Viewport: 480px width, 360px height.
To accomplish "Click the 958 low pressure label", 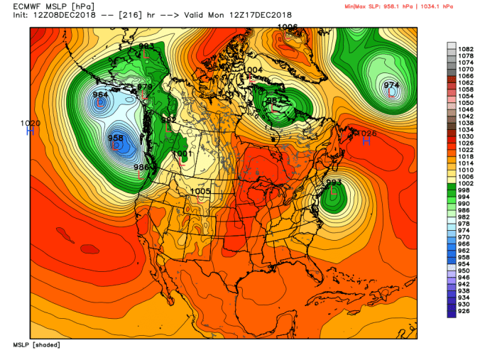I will pos(115,138).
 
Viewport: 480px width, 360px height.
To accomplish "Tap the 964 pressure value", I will pos(101,94).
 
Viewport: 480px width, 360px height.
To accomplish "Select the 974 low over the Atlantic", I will pos(391,85).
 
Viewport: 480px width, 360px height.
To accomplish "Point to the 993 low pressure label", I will pos(334,182).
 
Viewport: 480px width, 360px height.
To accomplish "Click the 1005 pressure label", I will pos(201,191).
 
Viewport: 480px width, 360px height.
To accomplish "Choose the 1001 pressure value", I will pos(182,153).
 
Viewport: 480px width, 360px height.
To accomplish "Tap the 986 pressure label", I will pos(142,168).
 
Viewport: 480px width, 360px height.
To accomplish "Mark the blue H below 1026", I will pos(367,141).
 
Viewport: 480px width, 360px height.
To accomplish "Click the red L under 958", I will pos(116,146).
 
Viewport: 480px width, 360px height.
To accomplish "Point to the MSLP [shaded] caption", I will pos(36,344).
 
